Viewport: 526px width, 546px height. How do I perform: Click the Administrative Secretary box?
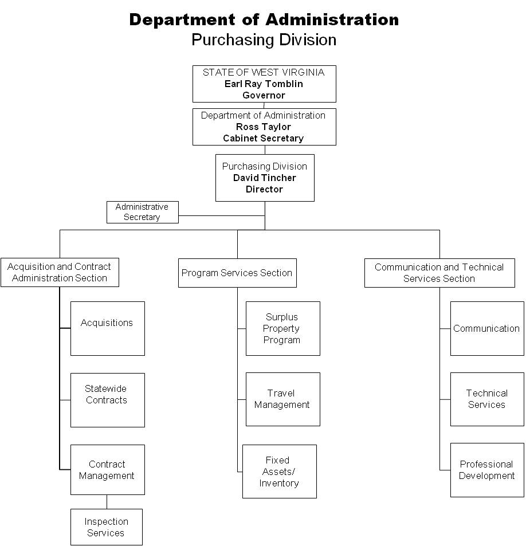143,212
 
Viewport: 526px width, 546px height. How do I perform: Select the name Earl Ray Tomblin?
264,84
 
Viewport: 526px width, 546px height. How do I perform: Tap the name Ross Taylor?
264,127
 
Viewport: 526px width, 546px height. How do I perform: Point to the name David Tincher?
264,178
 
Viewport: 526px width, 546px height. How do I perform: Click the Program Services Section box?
237,273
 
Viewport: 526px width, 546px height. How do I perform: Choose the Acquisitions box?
108,328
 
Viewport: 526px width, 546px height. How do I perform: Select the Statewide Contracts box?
108,400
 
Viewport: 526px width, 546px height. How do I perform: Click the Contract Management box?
108,470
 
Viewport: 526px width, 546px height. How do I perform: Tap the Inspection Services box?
107,527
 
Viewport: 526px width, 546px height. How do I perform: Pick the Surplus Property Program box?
283,328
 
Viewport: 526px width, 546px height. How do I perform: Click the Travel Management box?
283,399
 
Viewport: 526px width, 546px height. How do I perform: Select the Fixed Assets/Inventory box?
280,472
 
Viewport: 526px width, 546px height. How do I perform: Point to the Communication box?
487,328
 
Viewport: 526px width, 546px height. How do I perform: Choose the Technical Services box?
487,399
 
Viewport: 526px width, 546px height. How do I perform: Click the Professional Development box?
487,470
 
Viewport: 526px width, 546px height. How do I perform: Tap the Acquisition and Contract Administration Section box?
60,272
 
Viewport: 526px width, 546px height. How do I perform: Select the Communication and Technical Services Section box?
439,273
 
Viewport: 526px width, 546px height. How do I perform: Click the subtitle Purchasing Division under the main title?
264,40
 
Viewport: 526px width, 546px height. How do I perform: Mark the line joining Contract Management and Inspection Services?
107,502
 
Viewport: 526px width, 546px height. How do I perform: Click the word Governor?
264,96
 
